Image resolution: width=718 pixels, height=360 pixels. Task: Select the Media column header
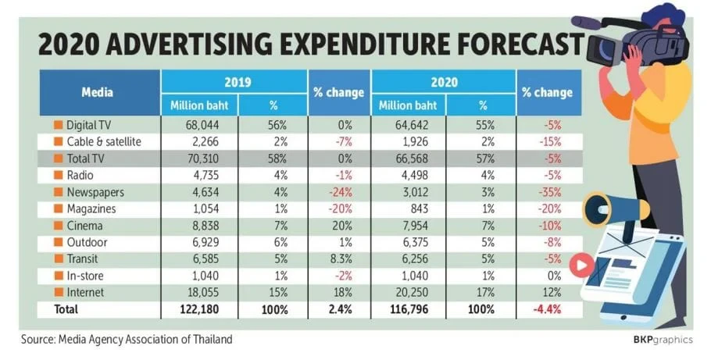tap(97, 92)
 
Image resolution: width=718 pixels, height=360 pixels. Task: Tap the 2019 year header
tap(238, 82)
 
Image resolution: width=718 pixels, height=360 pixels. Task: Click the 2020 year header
tap(444, 82)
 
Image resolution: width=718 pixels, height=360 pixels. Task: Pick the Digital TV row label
tap(88, 125)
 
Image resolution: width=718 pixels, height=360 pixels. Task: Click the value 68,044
tap(202, 125)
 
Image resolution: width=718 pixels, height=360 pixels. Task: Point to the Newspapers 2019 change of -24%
tap(340, 192)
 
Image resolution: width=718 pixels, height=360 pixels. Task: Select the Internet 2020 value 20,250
tap(411, 292)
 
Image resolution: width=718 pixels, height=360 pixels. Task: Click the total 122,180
tap(200, 309)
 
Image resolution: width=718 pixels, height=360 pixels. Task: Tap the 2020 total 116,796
tap(409, 309)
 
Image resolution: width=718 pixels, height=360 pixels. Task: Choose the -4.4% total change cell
tap(547, 309)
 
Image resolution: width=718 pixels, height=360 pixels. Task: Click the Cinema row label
tap(84, 226)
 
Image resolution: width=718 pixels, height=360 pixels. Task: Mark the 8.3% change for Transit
tap(341, 259)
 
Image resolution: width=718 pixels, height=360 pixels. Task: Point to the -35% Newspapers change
tap(549, 192)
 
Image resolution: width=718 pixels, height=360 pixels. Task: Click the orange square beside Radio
tap(58, 175)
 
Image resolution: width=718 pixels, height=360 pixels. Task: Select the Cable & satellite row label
tap(104, 142)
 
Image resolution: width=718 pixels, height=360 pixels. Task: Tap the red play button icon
tap(582, 265)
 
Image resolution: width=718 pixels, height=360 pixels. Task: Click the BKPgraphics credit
tap(663, 340)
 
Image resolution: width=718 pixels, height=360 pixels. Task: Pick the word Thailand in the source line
tap(213, 340)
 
